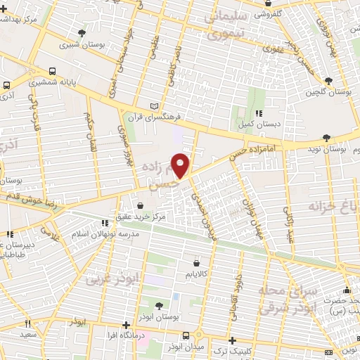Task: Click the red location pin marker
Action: pyautogui.click(x=181, y=165)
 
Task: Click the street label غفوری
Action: pyautogui.click(x=272, y=50)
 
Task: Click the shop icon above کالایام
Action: pyautogui.click(x=195, y=258)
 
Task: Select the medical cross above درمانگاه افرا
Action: pyautogui.click(x=126, y=325)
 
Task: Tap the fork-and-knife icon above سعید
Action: pyautogui.click(x=28, y=324)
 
